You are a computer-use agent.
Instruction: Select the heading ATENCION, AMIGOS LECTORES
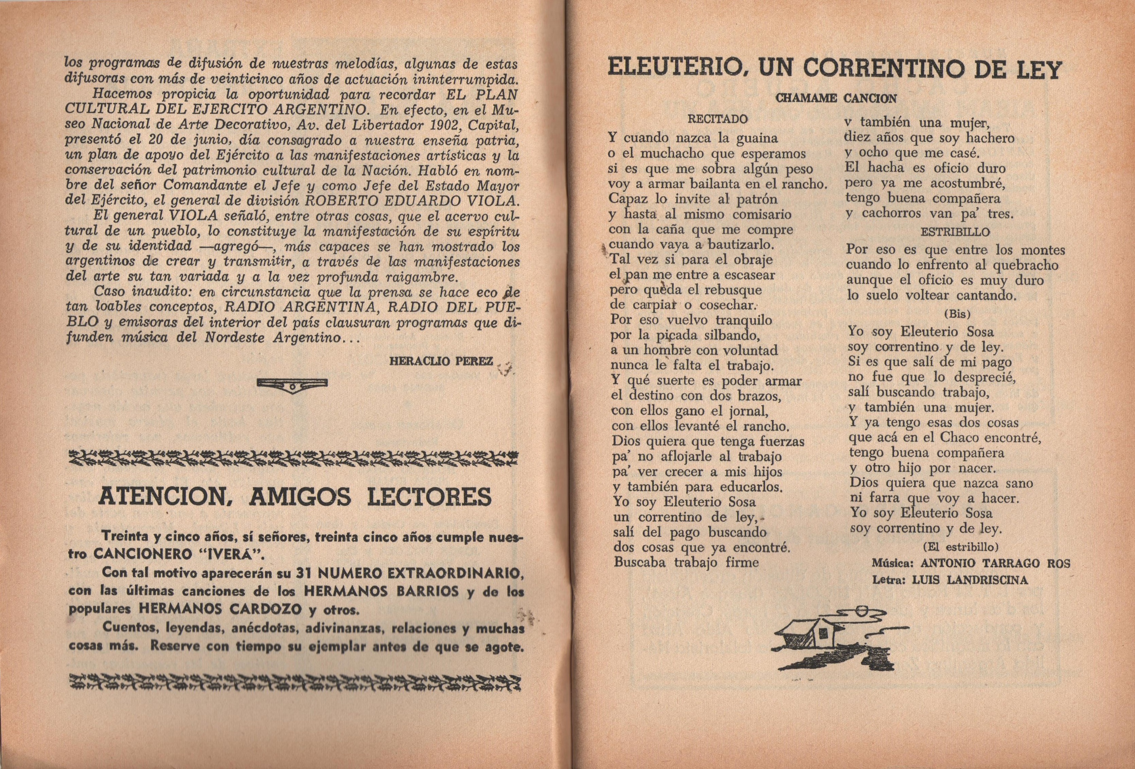[295, 496]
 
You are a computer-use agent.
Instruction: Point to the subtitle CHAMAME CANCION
[836, 98]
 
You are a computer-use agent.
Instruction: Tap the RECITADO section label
[717, 118]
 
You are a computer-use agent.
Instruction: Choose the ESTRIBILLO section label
[955, 232]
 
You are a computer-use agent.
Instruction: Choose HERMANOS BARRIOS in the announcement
[381, 592]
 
